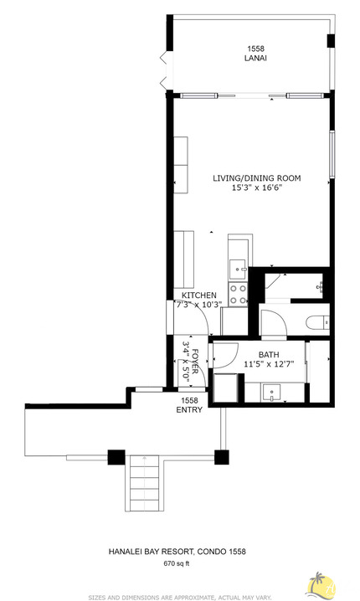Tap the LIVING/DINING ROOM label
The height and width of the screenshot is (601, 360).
click(x=256, y=178)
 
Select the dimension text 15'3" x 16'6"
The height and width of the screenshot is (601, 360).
click(x=256, y=188)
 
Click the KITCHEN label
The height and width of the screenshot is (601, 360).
click(x=199, y=295)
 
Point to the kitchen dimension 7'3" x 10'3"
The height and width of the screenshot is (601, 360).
click(x=199, y=306)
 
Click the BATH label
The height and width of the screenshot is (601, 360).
click(x=268, y=354)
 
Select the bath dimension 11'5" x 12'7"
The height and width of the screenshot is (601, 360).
click(x=268, y=364)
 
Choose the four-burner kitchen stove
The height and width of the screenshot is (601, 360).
click(x=238, y=293)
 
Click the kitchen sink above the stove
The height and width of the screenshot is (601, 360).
click(x=238, y=268)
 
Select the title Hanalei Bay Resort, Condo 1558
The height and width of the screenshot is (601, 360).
click(x=177, y=552)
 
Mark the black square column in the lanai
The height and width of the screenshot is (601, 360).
click(x=331, y=41)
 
